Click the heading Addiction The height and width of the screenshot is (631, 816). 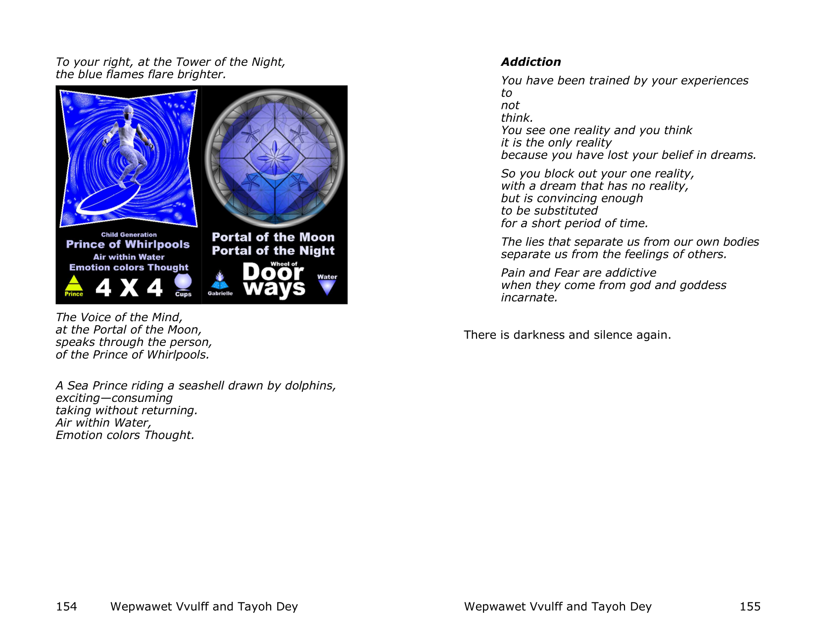(530, 62)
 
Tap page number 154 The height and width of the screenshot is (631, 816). (66, 606)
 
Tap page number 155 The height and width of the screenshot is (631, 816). (750, 606)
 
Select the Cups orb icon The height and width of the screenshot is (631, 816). (183, 282)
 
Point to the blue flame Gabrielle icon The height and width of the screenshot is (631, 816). (220, 281)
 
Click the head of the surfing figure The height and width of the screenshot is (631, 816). (128, 113)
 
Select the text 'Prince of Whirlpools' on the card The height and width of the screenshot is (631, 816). (128, 244)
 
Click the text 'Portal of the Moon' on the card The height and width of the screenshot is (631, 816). (273, 237)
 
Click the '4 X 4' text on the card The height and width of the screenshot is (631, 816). (129, 288)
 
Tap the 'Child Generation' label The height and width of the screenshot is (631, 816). (129, 235)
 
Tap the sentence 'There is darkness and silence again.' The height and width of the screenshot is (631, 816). (567, 335)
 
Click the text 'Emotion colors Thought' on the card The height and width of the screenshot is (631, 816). (129, 267)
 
